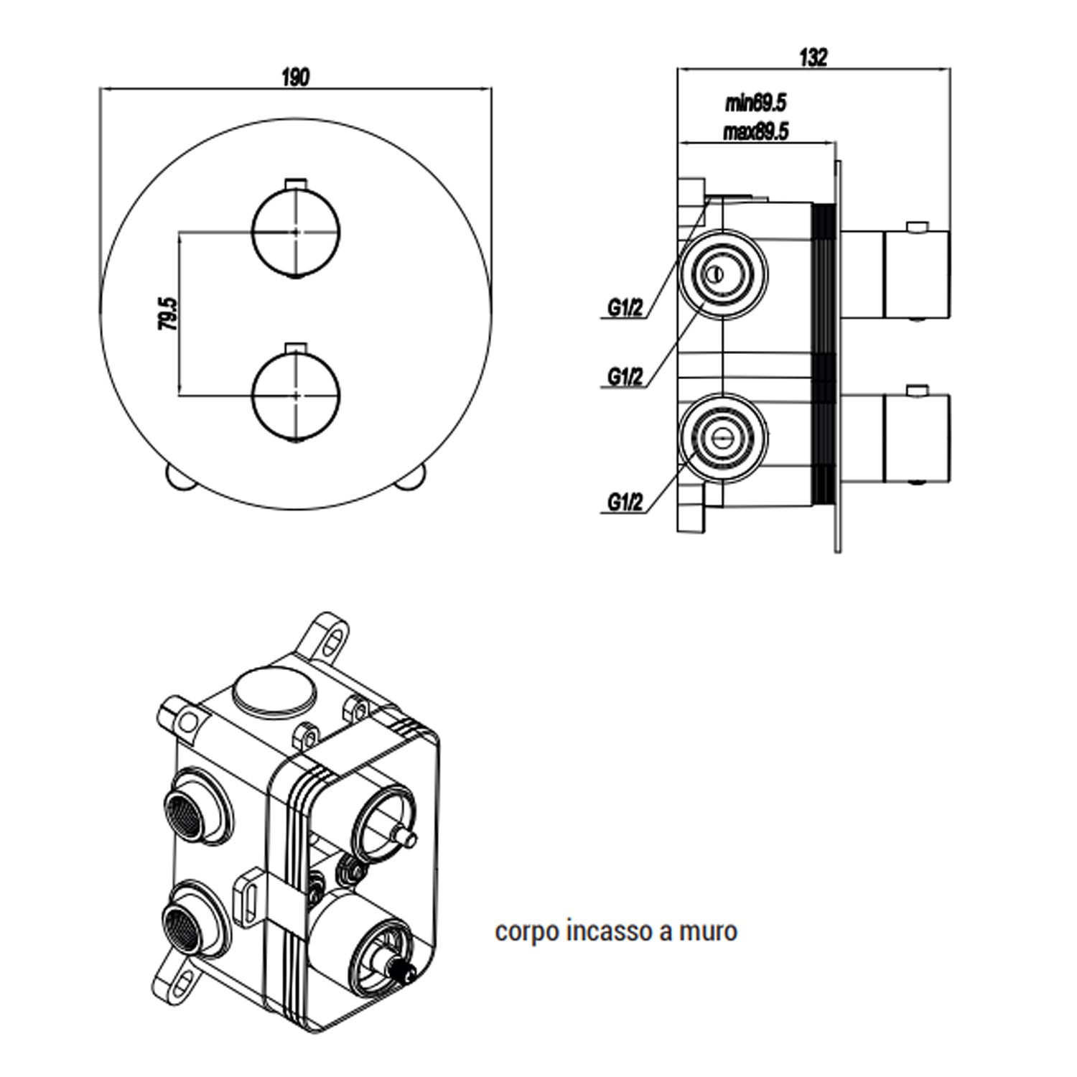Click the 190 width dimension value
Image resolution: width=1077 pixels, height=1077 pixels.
tap(296, 77)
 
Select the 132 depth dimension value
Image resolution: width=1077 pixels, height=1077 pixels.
tap(813, 57)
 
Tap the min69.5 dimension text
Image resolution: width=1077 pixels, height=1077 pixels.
tap(755, 103)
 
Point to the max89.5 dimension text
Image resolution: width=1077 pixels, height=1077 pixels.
tap(755, 132)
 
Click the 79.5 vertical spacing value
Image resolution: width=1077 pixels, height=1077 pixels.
tap(167, 314)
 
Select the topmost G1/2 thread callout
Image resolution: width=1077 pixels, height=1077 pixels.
tap(625, 308)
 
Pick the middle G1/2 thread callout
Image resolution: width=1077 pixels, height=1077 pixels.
tap(625, 376)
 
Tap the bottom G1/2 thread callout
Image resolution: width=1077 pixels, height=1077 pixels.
tap(625, 502)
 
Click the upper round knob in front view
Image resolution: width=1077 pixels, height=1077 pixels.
tap(296, 232)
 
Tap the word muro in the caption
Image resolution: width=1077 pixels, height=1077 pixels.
tap(708, 931)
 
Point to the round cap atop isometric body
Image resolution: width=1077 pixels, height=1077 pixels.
tap(275, 690)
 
